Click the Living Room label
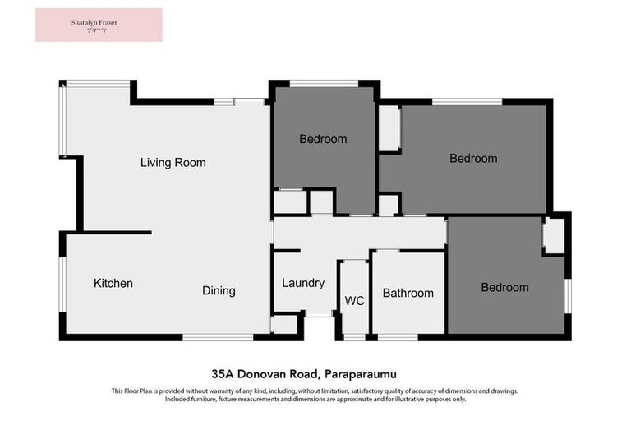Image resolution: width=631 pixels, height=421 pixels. (173, 163)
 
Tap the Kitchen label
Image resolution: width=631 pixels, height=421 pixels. (113, 284)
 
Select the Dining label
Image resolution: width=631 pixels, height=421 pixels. (219, 290)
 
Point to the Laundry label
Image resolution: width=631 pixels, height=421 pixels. (303, 283)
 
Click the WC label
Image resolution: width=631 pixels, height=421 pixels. (354, 301)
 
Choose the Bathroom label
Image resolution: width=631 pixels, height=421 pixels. (408, 293)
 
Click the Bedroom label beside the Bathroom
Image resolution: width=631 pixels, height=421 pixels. (504, 288)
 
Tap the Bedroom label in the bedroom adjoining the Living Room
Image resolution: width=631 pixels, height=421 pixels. (323, 139)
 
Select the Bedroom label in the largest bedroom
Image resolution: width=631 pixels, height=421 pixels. (473, 159)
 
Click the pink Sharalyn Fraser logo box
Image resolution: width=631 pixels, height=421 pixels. (99, 25)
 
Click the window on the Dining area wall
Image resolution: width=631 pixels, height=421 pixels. (218, 337)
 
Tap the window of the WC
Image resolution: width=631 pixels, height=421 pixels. (354, 337)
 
